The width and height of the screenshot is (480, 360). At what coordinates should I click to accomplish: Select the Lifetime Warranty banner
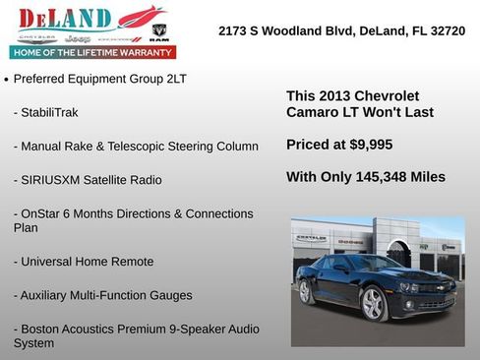(x=92, y=52)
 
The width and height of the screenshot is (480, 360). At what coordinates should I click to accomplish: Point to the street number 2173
(x=235, y=31)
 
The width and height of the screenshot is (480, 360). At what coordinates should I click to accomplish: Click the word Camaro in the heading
(x=313, y=112)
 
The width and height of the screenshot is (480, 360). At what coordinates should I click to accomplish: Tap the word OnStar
(x=35, y=213)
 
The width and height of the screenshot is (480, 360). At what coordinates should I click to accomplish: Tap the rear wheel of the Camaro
(x=305, y=291)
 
